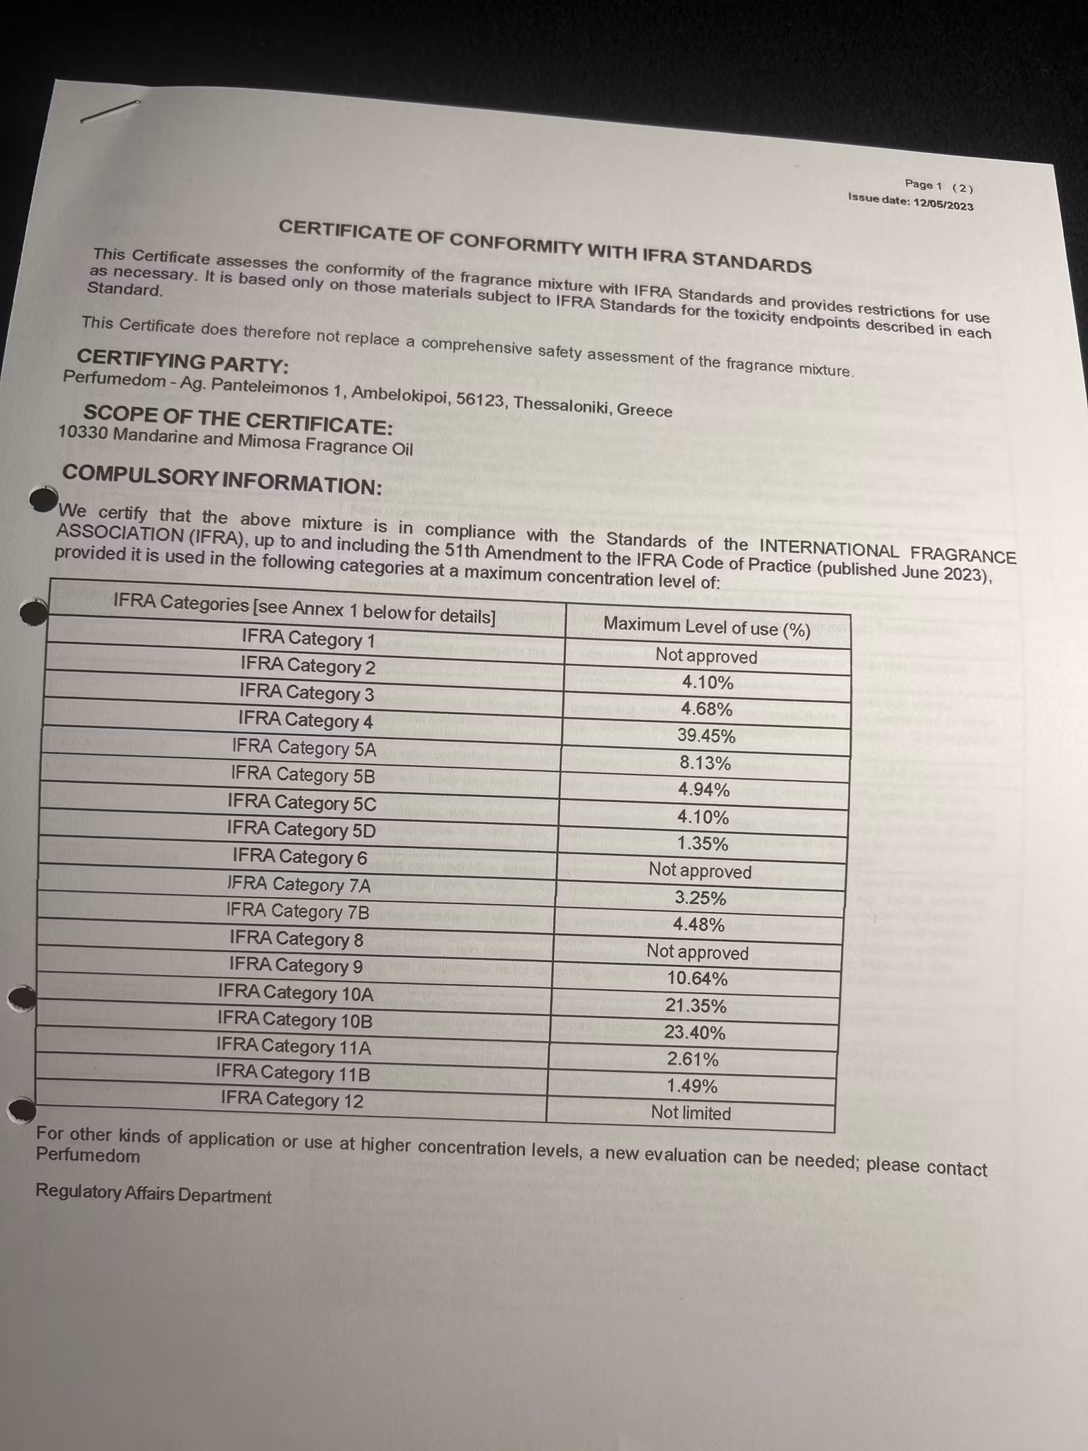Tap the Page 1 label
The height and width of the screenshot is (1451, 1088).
coord(924,185)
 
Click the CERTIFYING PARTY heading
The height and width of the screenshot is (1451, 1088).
coord(182,363)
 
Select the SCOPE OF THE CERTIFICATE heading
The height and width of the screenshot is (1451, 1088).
coord(238,419)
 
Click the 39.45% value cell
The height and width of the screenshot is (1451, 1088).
coord(706,736)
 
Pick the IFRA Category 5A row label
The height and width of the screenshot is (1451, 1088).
coord(304,747)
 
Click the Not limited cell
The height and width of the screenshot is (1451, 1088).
coord(691,1113)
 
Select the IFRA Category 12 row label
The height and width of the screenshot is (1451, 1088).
coord(292,1100)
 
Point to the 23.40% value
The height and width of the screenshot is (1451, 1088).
coord(694,1033)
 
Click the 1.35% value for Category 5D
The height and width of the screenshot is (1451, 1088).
coord(701,844)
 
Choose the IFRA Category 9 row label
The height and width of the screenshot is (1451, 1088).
coord(296,966)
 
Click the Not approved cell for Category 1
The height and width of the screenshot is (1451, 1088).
coord(706,656)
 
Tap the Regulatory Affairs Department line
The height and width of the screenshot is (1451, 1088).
coord(153,1195)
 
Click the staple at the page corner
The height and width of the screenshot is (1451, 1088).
coord(110,111)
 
